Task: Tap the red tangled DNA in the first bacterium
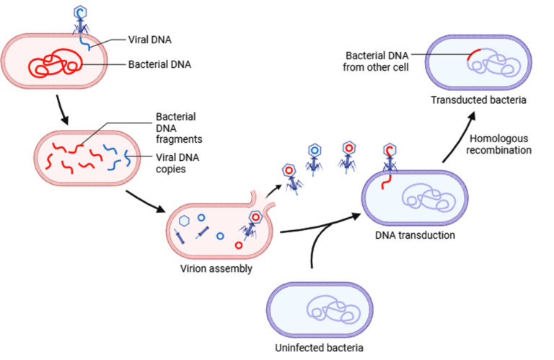54,63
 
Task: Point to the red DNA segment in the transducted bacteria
472,54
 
